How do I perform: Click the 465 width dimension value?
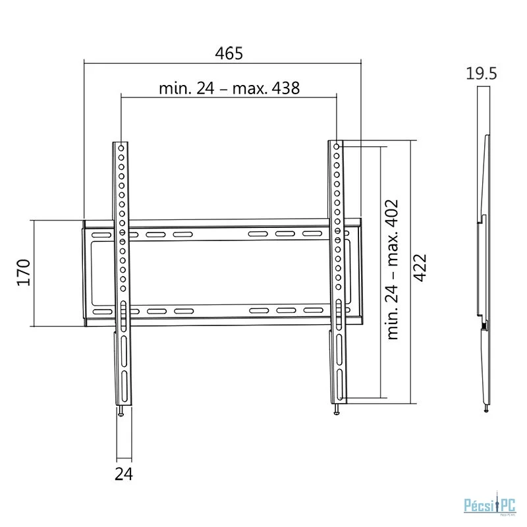pyautogui.click(x=229, y=53)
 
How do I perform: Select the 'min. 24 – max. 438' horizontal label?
pyautogui.click(x=229, y=89)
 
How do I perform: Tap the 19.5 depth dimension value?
pyautogui.click(x=482, y=74)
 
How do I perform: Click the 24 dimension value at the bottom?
pyautogui.click(x=124, y=474)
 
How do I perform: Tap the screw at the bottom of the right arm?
pyautogui.click(x=337, y=410)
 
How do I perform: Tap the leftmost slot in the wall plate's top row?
pyautogui.click(x=101, y=235)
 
